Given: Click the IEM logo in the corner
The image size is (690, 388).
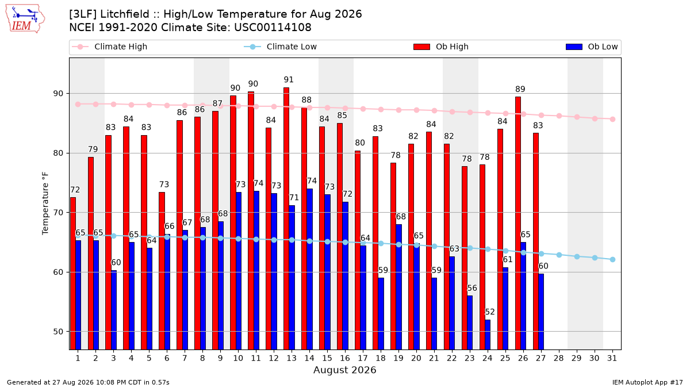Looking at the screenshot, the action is [25, 18].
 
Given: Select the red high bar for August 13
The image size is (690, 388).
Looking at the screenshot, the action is [286, 218].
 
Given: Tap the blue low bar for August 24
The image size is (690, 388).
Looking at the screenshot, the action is [488, 335].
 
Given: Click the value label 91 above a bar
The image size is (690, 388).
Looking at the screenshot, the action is [289, 80].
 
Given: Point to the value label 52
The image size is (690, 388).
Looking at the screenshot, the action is [490, 312].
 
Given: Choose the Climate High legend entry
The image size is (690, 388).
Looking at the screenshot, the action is [110, 47].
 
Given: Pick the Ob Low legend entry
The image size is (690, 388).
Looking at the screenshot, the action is [592, 47].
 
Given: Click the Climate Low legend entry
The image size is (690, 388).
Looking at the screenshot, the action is [281, 47].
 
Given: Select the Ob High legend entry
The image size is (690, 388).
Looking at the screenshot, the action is [441, 47].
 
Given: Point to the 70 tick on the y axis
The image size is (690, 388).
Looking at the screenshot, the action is [58, 213].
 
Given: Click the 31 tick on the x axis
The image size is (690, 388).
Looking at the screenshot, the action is [612, 358].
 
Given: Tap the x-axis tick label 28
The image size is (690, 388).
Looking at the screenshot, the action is [559, 358].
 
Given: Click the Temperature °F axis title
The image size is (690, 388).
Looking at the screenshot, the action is [45, 203].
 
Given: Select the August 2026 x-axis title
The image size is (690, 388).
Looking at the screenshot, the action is [344, 370].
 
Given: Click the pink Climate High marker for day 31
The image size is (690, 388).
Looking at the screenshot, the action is [612, 119].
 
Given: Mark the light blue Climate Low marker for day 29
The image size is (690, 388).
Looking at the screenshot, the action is [577, 256].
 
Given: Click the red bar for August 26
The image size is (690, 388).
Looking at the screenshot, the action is [518, 223].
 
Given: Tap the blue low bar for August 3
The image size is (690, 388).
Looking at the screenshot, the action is [114, 310].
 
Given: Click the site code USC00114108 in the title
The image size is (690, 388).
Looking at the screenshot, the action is [273, 28].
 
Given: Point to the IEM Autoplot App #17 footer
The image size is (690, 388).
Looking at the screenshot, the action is [647, 382].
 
